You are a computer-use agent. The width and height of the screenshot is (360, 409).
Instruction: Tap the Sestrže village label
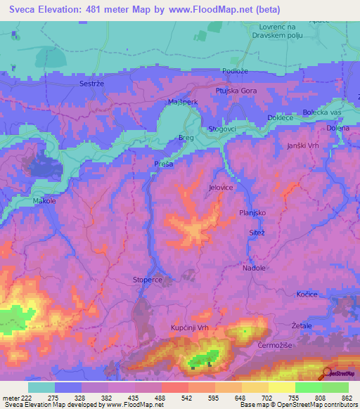[x=93, y=83]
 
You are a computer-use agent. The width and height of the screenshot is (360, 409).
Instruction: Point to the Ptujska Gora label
[x=236, y=91]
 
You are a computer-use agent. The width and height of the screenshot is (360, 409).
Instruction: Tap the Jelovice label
[x=221, y=188]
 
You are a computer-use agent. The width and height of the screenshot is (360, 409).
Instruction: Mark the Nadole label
[x=254, y=268]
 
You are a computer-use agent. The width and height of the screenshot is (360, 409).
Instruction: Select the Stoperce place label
[x=148, y=280]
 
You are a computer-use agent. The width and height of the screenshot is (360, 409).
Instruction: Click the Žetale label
[x=302, y=327]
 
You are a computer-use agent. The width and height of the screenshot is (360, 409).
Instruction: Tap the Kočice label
[x=307, y=294]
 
